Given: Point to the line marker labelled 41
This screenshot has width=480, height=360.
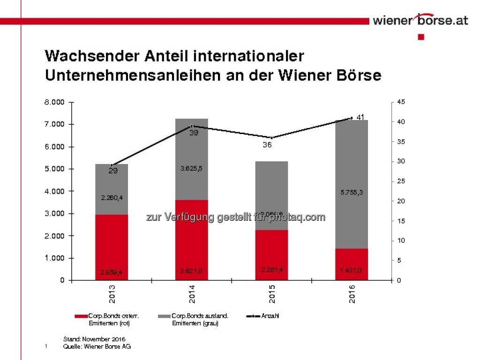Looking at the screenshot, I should pyautogui.click(x=351, y=118).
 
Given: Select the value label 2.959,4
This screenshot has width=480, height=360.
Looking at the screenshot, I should pyautogui.click(x=112, y=272).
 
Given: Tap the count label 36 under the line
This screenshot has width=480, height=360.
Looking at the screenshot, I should pyautogui.click(x=267, y=145).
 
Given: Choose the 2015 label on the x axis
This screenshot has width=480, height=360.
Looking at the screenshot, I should pyautogui.click(x=272, y=294).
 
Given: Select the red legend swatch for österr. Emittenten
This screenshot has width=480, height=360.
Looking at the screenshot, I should pyautogui.click(x=80, y=316).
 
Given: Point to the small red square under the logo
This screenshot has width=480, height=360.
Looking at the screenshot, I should pyautogui.click(x=420, y=37).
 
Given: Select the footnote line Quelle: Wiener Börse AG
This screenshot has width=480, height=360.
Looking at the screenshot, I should pyautogui.click(x=97, y=346).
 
